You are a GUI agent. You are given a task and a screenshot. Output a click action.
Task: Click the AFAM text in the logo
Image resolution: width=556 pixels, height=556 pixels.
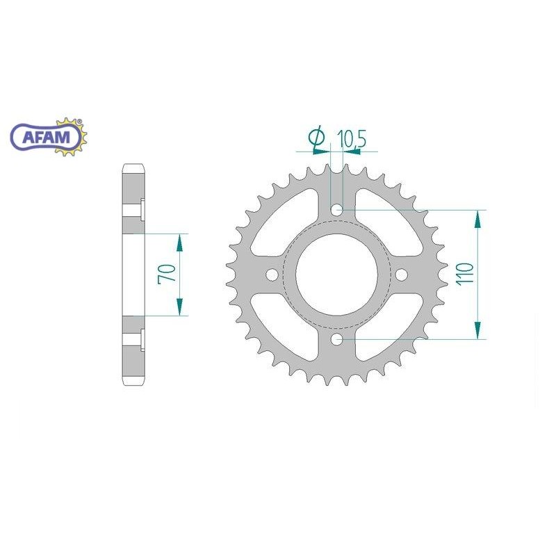47,137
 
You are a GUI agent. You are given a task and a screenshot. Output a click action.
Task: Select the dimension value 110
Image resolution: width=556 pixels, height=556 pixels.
466,273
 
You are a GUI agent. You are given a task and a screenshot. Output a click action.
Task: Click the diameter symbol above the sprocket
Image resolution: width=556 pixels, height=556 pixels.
316,137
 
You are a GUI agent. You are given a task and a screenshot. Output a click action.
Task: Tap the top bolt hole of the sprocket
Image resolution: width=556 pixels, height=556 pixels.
336,210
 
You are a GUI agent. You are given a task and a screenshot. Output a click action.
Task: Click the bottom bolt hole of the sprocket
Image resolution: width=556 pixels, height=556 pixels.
336,339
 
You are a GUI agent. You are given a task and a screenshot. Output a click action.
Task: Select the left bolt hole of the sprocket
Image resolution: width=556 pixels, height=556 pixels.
272,275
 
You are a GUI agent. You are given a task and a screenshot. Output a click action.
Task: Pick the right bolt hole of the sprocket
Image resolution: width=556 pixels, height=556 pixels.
402,275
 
